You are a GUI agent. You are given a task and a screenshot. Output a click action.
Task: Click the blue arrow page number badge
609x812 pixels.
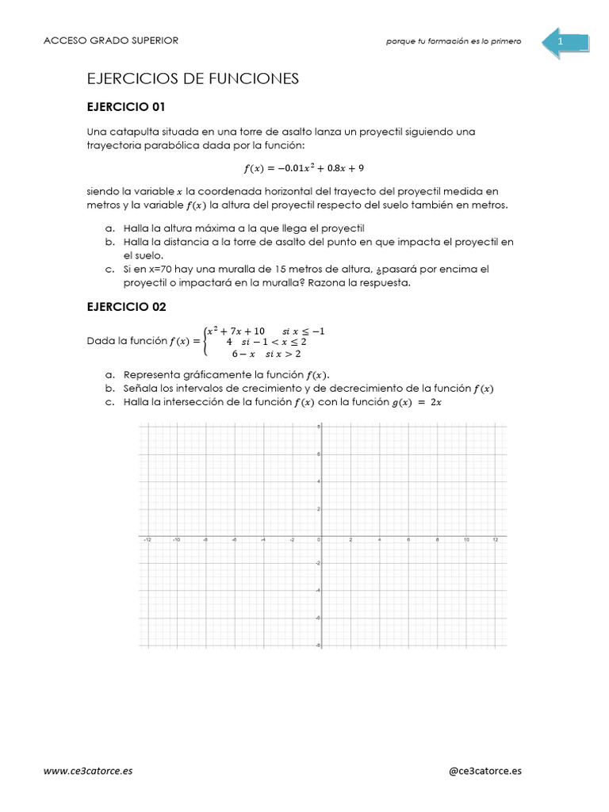[565, 41]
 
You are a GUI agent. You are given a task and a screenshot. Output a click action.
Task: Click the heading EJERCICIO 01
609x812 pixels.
[125, 106]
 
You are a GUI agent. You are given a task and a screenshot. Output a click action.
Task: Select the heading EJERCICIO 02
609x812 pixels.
[125, 306]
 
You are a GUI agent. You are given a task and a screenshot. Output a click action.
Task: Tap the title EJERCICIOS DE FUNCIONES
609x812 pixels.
[192, 78]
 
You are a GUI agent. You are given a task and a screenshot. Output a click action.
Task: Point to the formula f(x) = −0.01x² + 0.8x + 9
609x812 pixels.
[304, 168]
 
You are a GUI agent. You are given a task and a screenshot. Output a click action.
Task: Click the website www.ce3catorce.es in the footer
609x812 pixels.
[88, 770]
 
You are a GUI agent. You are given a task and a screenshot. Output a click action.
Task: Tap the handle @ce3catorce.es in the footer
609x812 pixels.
[485, 770]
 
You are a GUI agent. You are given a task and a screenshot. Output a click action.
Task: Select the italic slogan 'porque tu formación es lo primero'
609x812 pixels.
[454, 42]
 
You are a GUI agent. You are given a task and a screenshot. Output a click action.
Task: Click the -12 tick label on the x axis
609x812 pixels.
[147, 540]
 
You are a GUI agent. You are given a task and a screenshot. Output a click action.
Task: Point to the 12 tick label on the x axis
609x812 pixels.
[495, 540]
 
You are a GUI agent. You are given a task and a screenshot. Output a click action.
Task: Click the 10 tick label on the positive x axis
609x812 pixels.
[466, 540]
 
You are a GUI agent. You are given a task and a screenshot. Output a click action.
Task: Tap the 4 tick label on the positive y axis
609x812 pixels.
[317, 481]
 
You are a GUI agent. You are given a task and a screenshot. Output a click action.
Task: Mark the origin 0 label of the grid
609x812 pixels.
[317, 540]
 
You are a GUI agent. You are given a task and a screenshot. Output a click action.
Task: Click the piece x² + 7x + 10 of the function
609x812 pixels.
[236, 331]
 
